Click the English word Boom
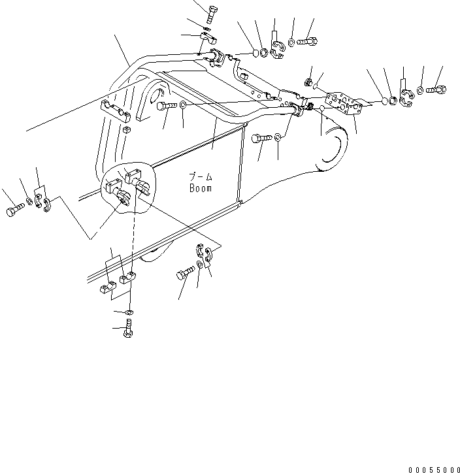201,188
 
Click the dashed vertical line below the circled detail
133,242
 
